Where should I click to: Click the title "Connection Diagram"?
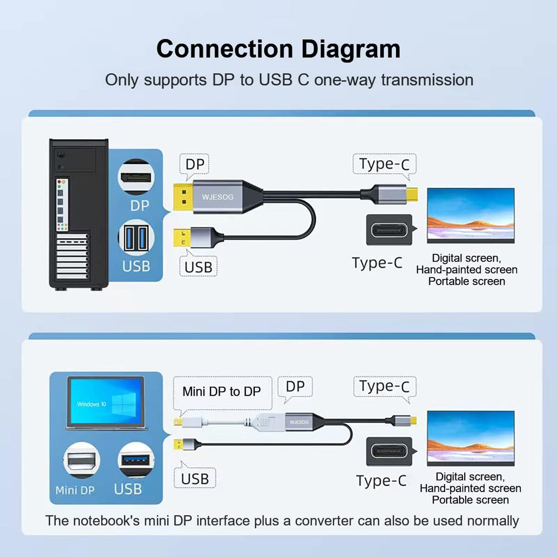click(x=278, y=50)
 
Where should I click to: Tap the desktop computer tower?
click(x=79, y=214)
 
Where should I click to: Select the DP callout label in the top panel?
click(x=195, y=165)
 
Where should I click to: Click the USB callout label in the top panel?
click(x=198, y=267)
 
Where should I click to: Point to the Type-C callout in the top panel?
click(x=384, y=164)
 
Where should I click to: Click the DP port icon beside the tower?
click(x=136, y=177)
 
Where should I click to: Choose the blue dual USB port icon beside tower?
click(x=136, y=238)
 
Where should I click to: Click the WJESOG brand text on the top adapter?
click(x=218, y=196)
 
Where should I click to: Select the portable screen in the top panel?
click(x=470, y=216)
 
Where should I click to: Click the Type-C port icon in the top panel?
click(x=389, y=230)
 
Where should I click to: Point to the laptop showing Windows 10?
click(x=107, y=403)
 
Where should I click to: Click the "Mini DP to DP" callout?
click(x=221, y=391)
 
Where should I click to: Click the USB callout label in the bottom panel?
click(x=194, y=479)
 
